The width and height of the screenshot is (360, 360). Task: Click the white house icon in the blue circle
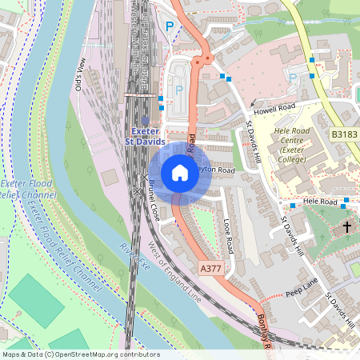(180, 173)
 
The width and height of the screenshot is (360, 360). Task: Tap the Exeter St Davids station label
(144, 136)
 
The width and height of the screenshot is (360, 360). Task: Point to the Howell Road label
(276, 106)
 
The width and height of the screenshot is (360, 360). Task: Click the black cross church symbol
(347, 228)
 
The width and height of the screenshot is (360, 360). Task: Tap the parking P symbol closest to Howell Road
(292, 78)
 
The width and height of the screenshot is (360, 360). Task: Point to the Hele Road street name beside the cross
(319, 202)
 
